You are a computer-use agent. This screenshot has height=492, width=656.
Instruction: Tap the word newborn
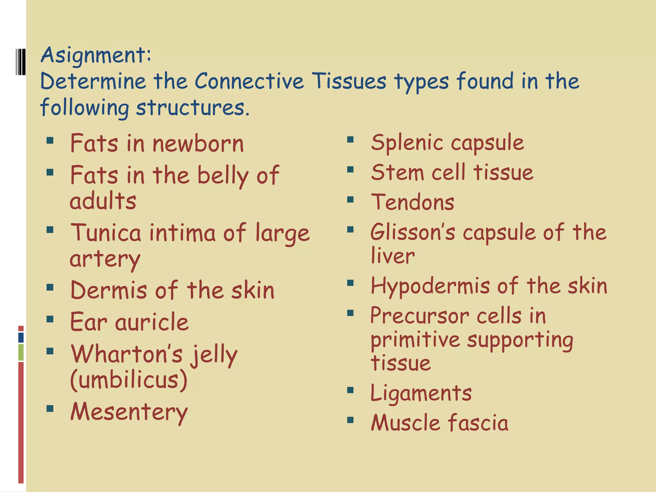[198, 144]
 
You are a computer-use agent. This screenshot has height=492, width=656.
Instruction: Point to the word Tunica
[106, 233]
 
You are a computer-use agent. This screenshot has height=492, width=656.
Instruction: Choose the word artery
[105, 259]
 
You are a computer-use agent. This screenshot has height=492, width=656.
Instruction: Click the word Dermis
[108, 290]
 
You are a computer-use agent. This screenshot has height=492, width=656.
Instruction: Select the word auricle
[152, 322]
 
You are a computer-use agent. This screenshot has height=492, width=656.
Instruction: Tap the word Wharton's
[127, 354]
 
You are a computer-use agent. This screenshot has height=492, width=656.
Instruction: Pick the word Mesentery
[129, 412]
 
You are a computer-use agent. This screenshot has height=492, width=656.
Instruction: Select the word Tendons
[413, 202]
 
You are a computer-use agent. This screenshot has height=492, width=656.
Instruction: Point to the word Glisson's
[413, 232]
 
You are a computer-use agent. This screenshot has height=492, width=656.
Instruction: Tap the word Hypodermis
[430, 286]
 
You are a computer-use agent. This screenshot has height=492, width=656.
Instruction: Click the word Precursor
[419, 316]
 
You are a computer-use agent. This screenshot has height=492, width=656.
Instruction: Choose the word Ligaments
[421, 393]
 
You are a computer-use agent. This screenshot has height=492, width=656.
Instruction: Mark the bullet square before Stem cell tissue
[350, 169]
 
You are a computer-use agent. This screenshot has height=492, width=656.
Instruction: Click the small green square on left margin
[21, 352]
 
